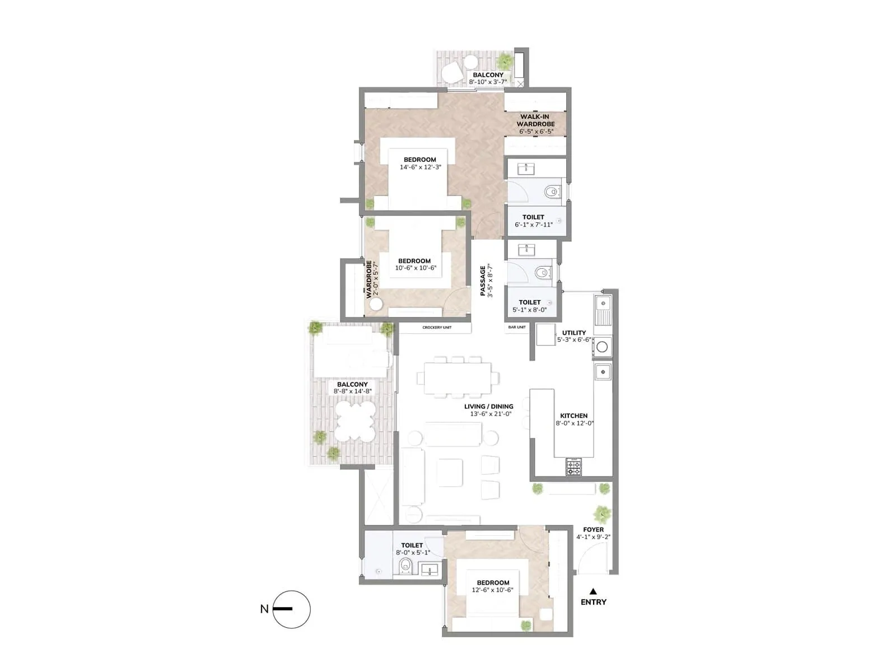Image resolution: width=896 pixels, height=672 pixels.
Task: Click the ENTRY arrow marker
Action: [x=593, y=591]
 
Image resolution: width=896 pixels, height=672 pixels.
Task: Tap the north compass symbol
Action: [x=291, y=609]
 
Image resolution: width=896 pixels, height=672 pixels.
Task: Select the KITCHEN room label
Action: [x=574, y=416]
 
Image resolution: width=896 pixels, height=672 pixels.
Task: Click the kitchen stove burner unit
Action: [x=573, y=466]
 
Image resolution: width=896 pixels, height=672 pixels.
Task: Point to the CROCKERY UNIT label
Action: [x=437, y=328]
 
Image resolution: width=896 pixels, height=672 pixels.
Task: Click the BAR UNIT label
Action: [x=517, y=327]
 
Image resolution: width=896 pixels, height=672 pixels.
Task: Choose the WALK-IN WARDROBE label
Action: [x=535, y=120]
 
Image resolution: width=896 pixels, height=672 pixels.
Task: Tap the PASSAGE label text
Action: [x=483, y=281]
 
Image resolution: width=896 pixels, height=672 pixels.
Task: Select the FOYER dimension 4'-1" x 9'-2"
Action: [x=593, y=537]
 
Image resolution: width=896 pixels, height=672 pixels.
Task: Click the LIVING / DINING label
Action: [x=489, y=407]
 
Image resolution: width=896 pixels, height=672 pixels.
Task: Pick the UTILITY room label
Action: [x=574, y=333]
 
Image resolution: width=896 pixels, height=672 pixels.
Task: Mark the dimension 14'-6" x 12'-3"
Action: [x=420, y=167]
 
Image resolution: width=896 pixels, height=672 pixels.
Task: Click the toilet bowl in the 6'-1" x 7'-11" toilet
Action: [x=552, y=192]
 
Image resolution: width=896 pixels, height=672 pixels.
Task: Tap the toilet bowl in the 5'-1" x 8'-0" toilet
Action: [x=542, y=273]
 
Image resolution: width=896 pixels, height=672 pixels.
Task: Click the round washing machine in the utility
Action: [x=602, y=347]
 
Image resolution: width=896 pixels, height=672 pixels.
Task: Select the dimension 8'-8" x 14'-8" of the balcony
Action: [x=352, y=391]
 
